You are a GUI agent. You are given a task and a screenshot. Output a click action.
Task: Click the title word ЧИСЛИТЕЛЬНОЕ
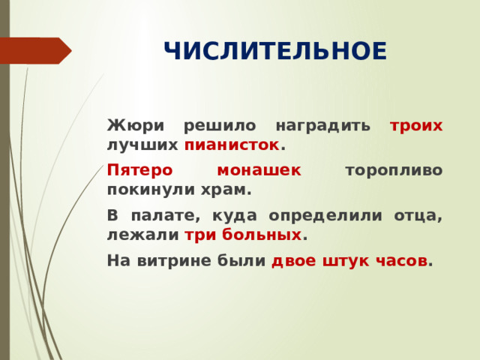[x=274, y=52]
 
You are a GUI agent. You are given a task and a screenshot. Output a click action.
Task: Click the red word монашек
[x=259, y=170]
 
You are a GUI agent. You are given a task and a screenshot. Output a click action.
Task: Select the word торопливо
[x=393, y=170]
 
